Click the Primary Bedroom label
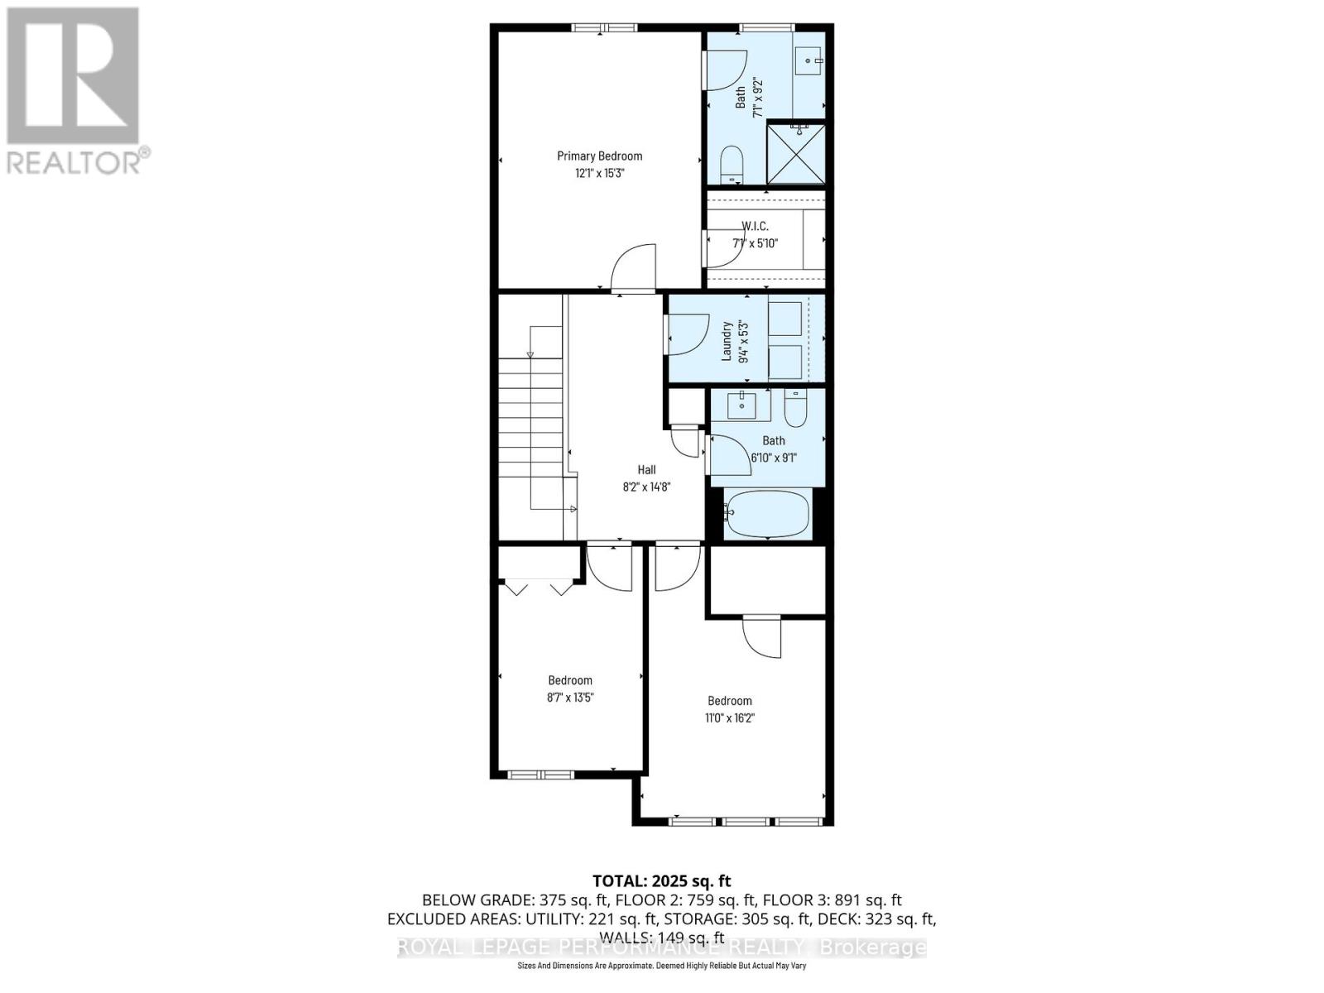(599, 156)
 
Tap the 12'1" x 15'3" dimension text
(599, 174)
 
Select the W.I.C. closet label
(755, 226)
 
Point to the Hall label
(646, 470)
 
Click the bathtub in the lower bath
(767, 514)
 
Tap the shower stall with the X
(795, 154)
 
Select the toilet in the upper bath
(732, 165)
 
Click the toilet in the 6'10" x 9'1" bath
(795, 406)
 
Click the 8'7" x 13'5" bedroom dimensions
(570, 698)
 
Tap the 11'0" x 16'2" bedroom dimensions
(729, 718)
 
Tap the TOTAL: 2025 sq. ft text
(661, 881)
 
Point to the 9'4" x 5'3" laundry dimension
(743, 341)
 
